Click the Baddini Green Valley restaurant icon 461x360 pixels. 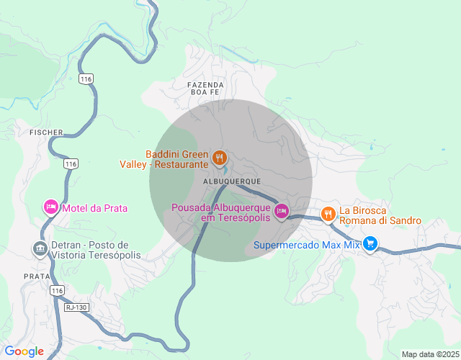coord(220,156)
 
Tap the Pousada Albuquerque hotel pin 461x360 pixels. coord(282,211)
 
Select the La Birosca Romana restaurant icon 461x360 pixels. coord(328,212)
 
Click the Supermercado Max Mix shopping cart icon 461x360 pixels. coord(370,244)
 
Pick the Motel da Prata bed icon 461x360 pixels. coord(50,208)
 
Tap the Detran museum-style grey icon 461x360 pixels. coord(39,249)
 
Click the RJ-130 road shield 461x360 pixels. coord(74,307)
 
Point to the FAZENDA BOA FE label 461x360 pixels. coord(207,89)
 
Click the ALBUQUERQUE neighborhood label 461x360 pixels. coord(231,181)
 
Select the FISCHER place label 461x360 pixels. coord(46,132)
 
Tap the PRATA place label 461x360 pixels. coord(36,276)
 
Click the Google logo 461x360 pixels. coord(24,351)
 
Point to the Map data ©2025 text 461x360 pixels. coord(430,354)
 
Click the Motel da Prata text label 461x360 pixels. coord(94,208)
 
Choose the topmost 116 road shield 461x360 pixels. coord(86,78)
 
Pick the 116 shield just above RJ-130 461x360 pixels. coord(58,290)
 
